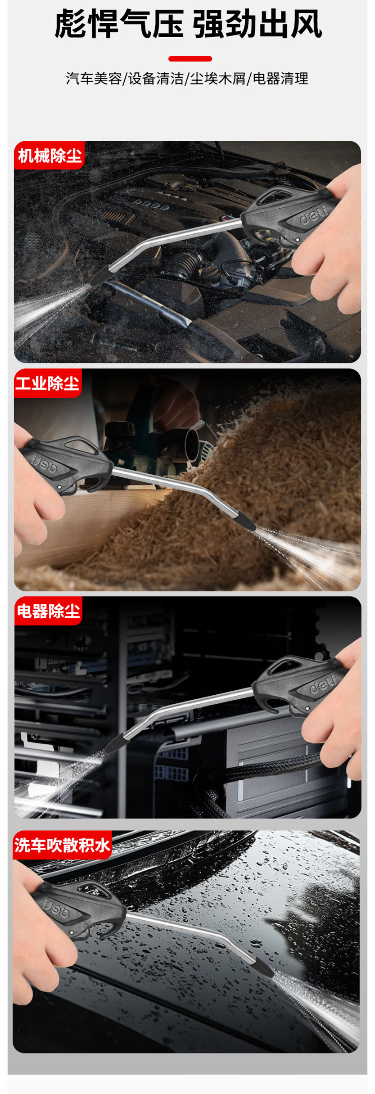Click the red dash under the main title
coord(190,59)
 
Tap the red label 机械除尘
coord(49,155)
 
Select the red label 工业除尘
coord(48,383)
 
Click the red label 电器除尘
coord(48,611)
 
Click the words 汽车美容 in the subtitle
coord(94,79)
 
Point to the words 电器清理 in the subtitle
coord(280,79)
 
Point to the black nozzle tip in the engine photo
coord(99,276)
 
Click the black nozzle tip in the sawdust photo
coord(245,521)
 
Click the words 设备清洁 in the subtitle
coord(156,79)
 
